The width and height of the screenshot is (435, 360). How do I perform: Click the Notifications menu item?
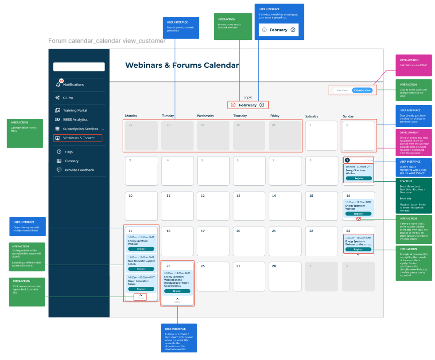(73, 85)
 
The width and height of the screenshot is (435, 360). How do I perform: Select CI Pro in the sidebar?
(68, 98)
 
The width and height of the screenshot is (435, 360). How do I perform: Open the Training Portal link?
(75, 110)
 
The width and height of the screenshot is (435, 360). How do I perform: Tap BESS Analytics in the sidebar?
(75, 120)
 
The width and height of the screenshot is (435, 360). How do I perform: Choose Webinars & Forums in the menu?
(79, 138)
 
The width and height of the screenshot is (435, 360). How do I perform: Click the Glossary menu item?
(71, 161)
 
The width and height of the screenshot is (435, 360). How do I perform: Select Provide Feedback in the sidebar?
(79, 170)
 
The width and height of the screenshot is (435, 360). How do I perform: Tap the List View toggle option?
(342, 90)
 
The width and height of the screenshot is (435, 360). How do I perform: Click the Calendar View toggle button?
(362, 90)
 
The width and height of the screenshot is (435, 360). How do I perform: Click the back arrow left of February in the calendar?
(233, 105)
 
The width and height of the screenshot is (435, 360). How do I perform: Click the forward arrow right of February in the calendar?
(262, 105)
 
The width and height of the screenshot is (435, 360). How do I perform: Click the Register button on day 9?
(359, 178)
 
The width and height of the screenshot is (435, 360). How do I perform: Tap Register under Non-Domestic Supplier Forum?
(141, 269)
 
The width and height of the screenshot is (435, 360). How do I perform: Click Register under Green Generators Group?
(141, 289)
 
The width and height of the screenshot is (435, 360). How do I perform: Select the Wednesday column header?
(206, 116)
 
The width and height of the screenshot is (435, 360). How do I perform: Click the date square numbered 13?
(249, 205)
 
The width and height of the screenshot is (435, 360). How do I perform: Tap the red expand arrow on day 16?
(358, 219)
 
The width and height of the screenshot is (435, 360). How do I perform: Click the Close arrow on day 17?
(141, 295)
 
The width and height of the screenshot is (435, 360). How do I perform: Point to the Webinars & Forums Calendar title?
(182, 66)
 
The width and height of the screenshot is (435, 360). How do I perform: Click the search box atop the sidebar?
(79, 67)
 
